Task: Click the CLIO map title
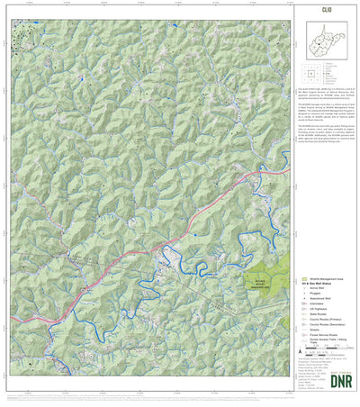point(327,11)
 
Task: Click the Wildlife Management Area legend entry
point(325,280)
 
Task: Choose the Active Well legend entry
point(321,290)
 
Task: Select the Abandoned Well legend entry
point(324,301)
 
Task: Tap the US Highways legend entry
point(321,312)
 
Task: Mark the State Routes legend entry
point(321,317)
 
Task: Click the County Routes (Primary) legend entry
point(326,322)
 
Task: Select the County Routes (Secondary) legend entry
point(328,328)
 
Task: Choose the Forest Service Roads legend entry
point(325,339)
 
